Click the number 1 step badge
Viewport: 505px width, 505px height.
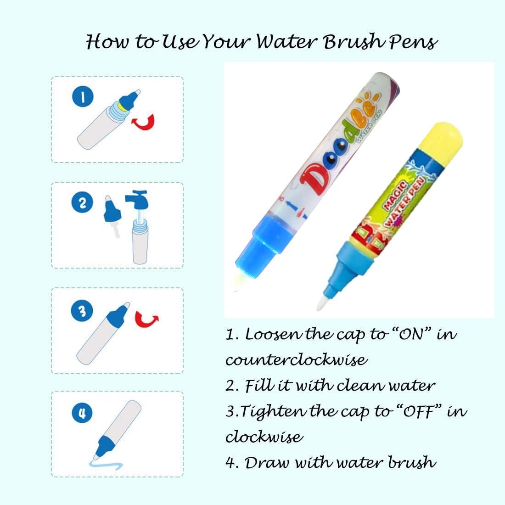[x=83, y=97]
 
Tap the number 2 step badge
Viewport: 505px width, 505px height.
[x=83, y=202]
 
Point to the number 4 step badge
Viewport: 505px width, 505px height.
[x=83, y=413]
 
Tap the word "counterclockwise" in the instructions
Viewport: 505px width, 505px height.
[x=296, y=359]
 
